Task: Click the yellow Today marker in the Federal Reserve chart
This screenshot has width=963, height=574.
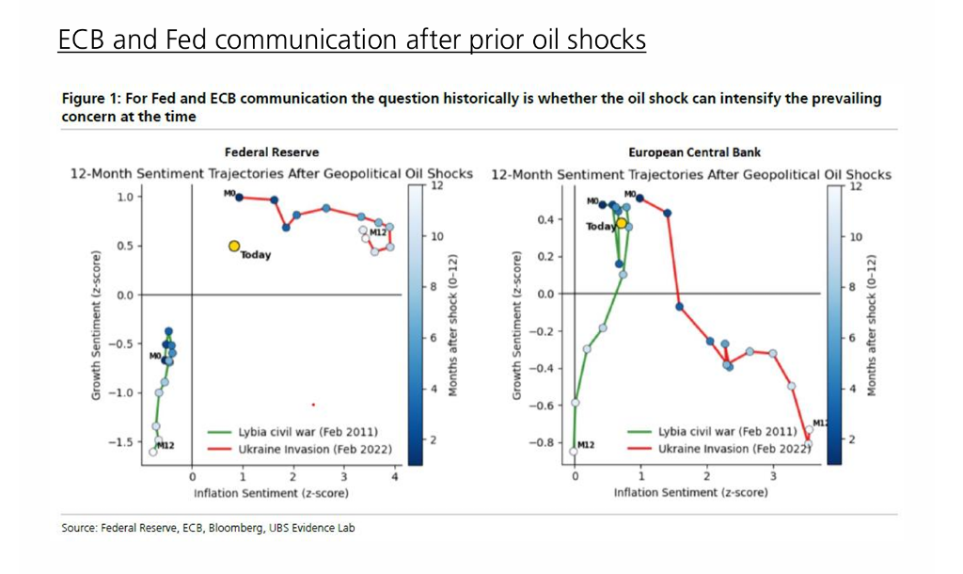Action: [234, 246]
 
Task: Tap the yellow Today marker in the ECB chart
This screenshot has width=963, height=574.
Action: [621, 224]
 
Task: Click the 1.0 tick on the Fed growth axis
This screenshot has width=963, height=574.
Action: [124, 197]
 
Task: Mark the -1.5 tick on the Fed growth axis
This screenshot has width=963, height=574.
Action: [120, 441]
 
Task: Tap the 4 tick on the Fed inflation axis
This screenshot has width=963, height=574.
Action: [395, 477]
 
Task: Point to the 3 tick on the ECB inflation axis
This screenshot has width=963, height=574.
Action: [773, 477]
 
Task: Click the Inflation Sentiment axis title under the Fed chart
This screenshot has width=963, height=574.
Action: [272, 493]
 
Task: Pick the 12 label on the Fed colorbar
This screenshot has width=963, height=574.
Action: [436, 186]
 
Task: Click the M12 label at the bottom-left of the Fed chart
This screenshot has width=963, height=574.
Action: [166, 444]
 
